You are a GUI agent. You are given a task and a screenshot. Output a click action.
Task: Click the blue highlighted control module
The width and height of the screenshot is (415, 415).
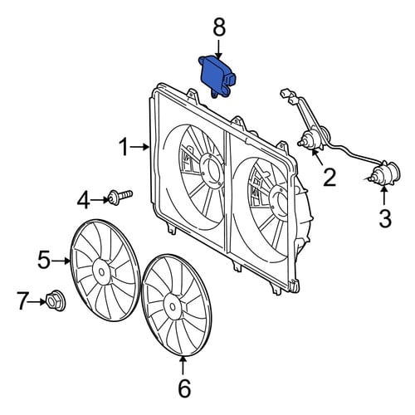pos(217,76)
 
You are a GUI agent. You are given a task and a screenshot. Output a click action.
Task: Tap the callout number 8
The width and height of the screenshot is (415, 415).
pos(219,27)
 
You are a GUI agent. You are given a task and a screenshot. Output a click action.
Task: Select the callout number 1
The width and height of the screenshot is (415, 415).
pos(124,147)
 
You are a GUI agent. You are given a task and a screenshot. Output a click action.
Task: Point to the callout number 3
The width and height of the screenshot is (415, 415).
pos(385,218)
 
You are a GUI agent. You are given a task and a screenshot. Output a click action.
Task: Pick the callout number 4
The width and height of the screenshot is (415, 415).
pos(83,200)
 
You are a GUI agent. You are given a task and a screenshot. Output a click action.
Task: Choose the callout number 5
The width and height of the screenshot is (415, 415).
pos(44,260)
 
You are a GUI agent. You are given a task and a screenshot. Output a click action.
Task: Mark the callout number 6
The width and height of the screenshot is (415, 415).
pos(184,388)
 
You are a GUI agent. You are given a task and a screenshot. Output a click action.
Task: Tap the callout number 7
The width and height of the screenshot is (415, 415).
pos(23,300)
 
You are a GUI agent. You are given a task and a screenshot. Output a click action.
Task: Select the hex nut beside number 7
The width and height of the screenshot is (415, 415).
pos(55,300)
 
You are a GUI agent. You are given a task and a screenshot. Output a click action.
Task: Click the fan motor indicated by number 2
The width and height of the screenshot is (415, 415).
pos(313,138)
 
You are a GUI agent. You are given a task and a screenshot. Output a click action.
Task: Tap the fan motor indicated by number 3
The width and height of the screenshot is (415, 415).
pos(385,173)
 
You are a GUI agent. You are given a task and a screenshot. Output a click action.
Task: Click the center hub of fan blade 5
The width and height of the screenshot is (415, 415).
pos(101,271)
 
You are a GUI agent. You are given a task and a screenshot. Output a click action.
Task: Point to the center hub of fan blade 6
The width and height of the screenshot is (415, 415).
pos(173,306)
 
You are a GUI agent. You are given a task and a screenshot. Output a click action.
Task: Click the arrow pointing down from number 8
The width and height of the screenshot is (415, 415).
pos(219,50)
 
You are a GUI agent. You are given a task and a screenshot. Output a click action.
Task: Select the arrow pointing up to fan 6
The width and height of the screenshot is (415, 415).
pos(183,364)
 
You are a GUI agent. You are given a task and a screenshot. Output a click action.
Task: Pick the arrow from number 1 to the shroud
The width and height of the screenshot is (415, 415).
pos(140,147)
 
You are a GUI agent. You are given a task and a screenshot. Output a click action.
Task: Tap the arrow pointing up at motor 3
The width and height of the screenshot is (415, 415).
pos(384,196)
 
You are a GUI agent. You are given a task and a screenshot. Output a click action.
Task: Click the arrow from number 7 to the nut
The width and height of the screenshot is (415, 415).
pos(37,302)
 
